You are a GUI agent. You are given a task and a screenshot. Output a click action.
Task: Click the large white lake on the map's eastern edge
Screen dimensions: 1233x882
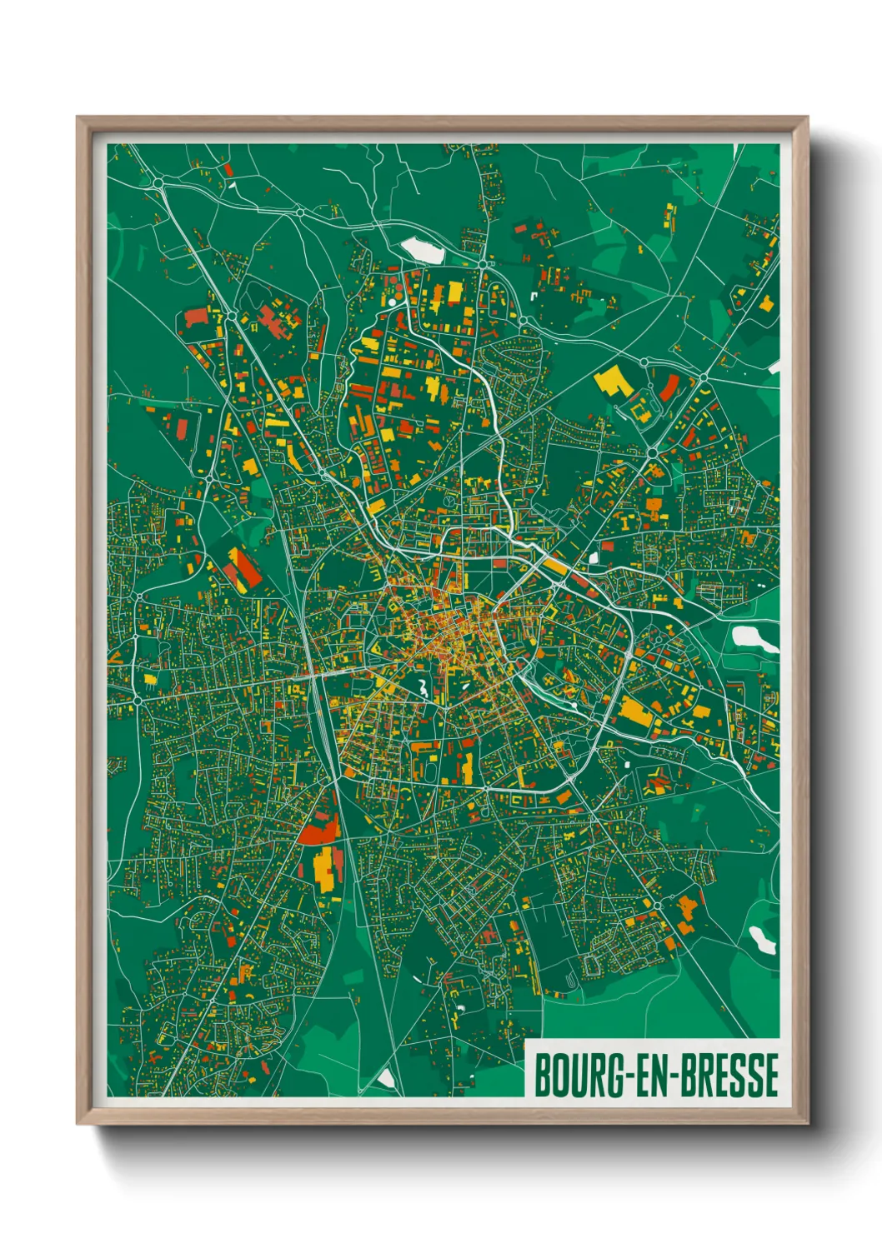pyautogui.click(x=754, y=638)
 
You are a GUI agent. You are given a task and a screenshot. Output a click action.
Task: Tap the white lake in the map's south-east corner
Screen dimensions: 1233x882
pyautogui.click(x=761, y=940)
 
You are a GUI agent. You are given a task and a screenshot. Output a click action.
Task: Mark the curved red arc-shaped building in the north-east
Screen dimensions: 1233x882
pyautogui.click(x=669, y=387)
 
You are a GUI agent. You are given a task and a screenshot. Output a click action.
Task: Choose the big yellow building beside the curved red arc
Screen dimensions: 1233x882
pyautogui.click(x=612, y=381)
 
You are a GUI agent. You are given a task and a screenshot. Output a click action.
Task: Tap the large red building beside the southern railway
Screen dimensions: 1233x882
pyautogui.click(x=319, y=831)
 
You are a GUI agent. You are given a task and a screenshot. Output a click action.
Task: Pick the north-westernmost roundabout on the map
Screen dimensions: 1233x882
pyautogui.click(x=158, y=182)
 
